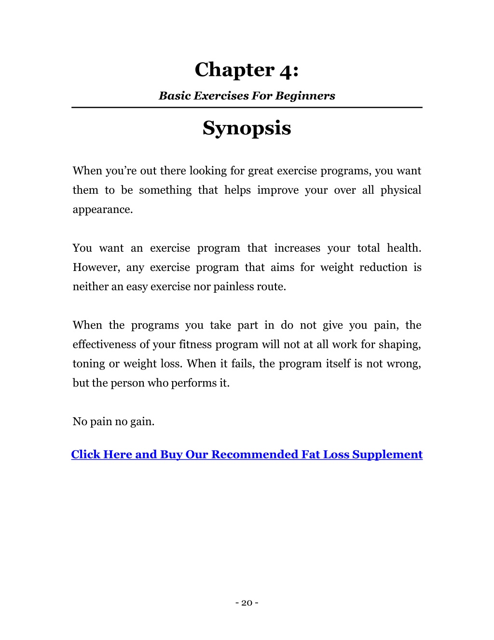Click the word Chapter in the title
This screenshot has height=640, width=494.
234,70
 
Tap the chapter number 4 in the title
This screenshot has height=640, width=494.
286,71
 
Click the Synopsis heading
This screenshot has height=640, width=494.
247,128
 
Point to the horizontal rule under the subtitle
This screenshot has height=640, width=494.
247,107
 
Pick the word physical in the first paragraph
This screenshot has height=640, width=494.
400,190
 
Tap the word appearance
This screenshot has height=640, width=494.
102,210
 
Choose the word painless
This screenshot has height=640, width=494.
234,287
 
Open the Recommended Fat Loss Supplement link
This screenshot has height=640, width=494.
247,455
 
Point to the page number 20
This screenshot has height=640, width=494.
247,603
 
